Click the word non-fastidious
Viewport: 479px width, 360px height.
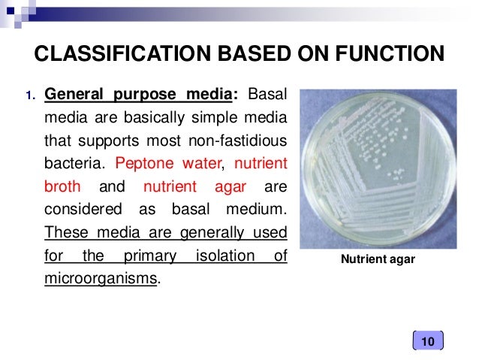click(241, 141)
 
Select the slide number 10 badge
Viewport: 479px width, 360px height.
click(428, 343)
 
